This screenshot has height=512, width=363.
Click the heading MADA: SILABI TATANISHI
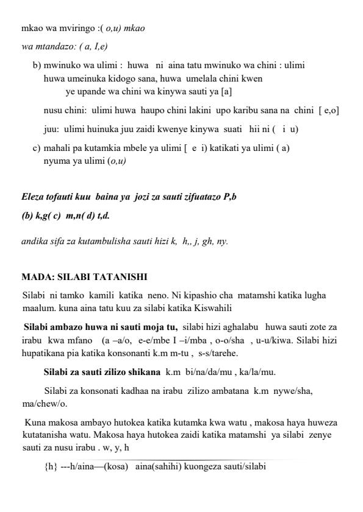pyautogui.click(x=84, y=277)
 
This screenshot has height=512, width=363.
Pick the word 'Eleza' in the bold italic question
pyautogui.click(x=33, y=197)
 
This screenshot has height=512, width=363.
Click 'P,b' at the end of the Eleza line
pyautogui.click(x=230, y=197)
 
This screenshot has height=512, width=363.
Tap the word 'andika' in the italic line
pyautogui.click(x=34, y=241)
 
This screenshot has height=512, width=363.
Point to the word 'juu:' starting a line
pyautogui.click(x=51, y=129)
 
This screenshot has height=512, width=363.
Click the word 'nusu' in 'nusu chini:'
pyautogui.click(x=53, y=110)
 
